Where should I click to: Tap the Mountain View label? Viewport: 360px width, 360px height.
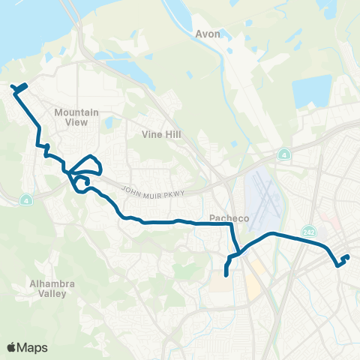click(x=76, y=117)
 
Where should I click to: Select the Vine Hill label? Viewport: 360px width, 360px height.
click(x=157, y=135)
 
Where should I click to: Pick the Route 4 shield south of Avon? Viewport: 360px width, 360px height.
click(x=284, y=155)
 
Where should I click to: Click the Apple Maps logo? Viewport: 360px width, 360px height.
click(x=27, y=347)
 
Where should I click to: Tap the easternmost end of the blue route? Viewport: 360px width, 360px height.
click(x=348, y=258)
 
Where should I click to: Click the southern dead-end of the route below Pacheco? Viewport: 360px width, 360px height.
click(x=226, y=277)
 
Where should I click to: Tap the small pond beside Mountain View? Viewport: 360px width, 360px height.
click(x=109, y=122)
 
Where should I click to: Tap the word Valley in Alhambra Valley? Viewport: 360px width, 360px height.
click(x=49, y=293)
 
